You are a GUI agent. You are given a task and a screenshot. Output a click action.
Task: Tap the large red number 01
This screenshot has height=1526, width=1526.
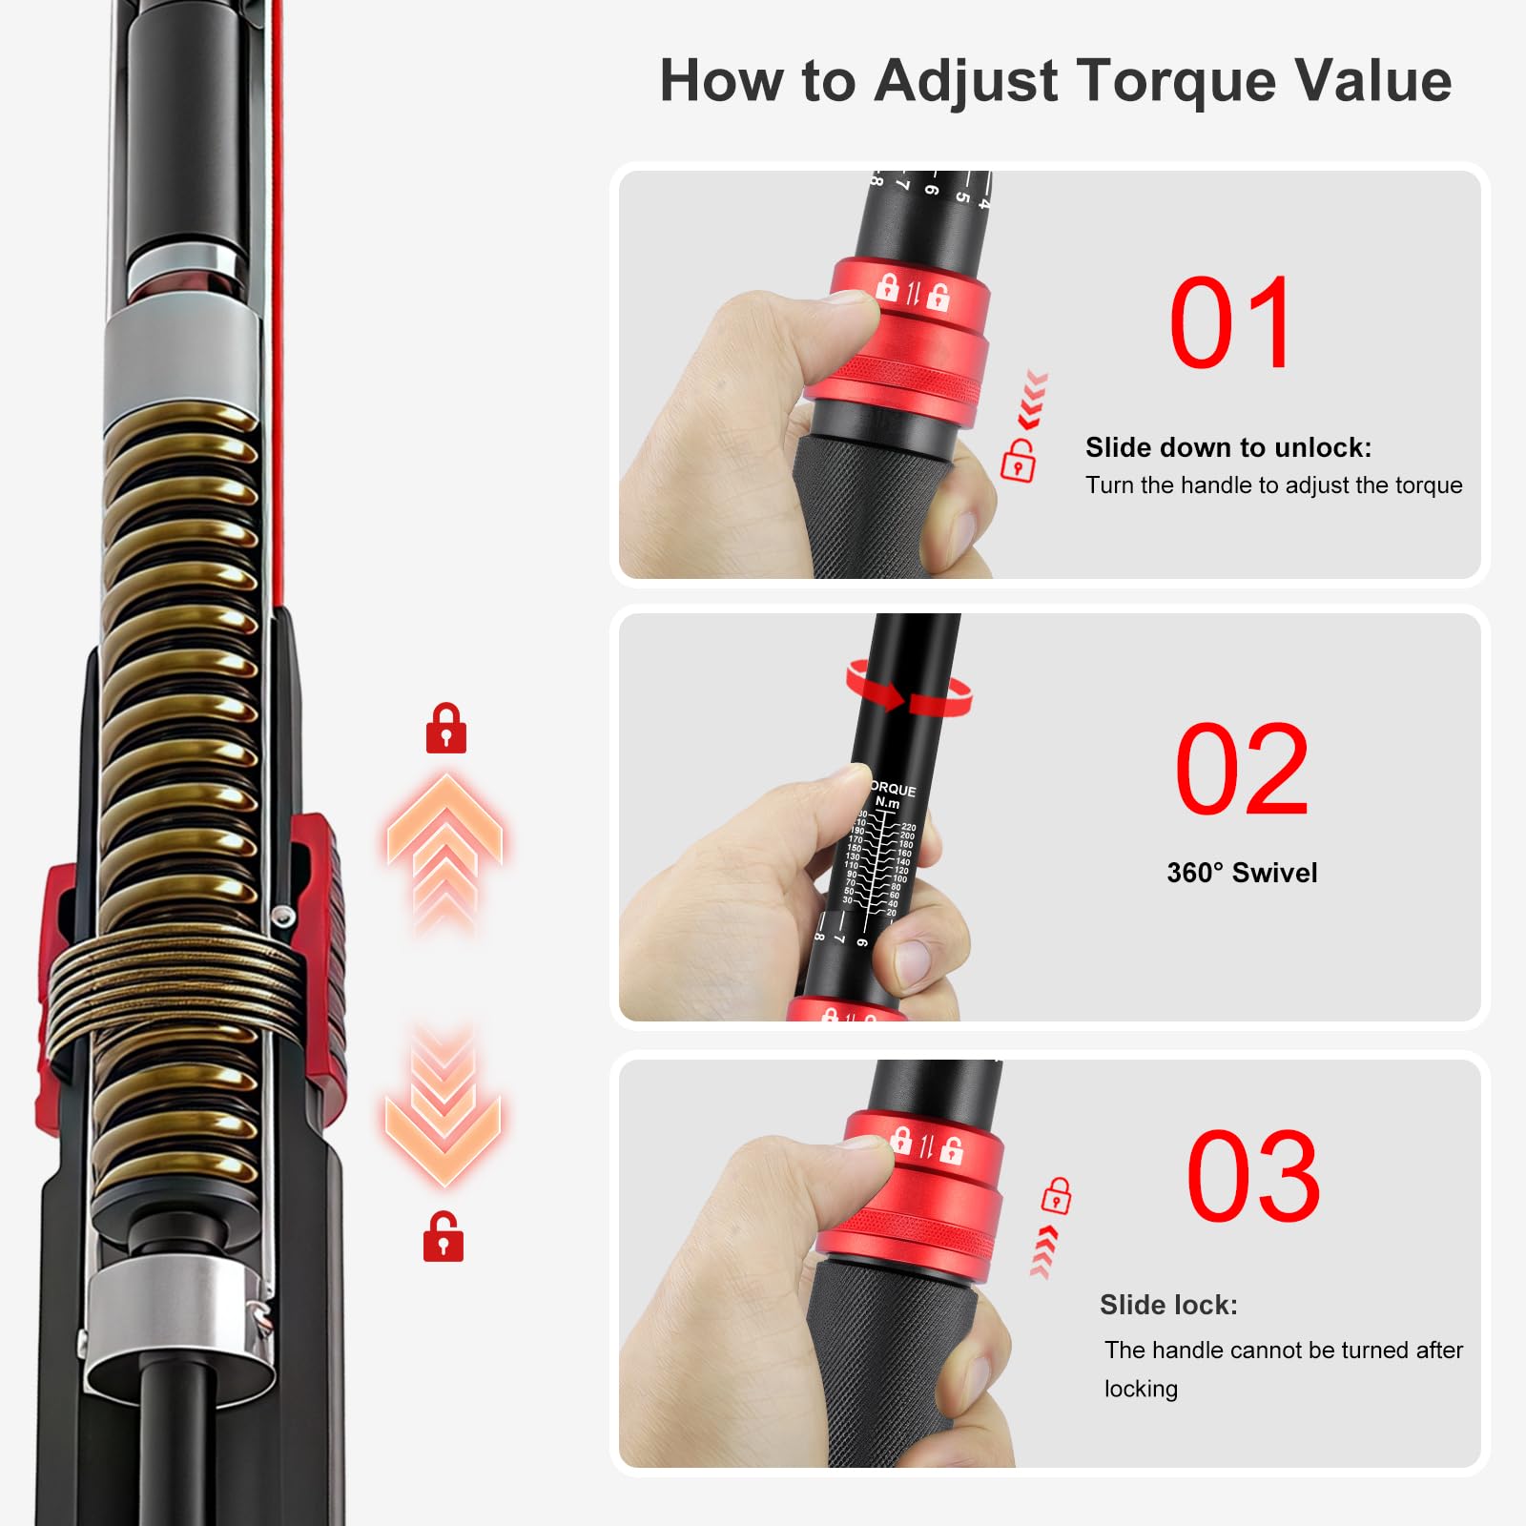[1231, 324]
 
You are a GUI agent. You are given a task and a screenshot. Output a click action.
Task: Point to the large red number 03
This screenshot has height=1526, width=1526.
[1253, 1175]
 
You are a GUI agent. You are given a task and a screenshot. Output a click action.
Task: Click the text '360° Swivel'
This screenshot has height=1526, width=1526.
[1242, 873]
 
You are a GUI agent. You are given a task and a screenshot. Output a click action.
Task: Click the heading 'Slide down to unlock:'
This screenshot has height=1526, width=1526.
[1228, 447]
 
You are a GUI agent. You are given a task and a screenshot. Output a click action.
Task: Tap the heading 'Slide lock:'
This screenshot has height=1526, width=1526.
[1168, 1305]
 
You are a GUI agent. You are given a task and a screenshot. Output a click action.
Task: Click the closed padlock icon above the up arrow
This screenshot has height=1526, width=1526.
[445, 730]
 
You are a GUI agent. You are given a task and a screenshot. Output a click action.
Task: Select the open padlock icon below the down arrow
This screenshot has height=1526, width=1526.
[443, 1237]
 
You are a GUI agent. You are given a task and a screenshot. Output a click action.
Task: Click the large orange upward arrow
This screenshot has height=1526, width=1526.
[444, 839]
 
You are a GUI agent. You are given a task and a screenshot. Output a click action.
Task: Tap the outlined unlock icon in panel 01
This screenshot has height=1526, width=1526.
[1018, 462]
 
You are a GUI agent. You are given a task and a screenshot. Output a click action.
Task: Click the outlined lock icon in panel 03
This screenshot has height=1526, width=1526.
[1056, 1195]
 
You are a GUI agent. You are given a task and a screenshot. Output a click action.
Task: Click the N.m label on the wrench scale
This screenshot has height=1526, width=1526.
[888, 803]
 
